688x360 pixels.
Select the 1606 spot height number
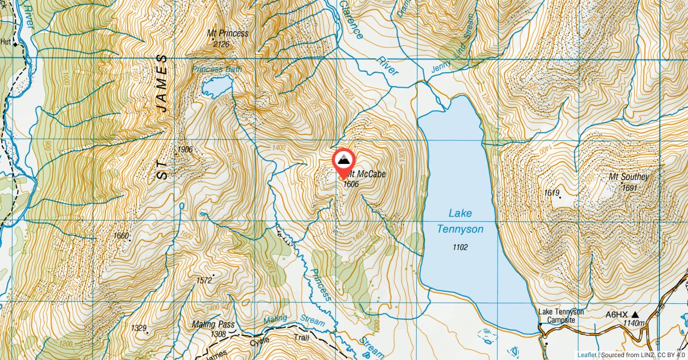coord(350,184)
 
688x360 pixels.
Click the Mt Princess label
coord(228,33)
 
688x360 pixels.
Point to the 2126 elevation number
coord(221,44)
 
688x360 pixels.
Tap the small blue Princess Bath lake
coord(216,87)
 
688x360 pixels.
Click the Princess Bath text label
coord(217,69)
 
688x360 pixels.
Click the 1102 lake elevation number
coord(460,248)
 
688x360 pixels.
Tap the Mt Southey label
coord(628,177)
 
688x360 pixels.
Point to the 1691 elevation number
coord(629,187)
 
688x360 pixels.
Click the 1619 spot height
coord(552,193)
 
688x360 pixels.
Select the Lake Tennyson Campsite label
coord(561,316)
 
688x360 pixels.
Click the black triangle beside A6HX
coord(635,315)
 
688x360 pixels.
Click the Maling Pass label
coord(213,324)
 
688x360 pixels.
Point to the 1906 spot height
coord(185,150)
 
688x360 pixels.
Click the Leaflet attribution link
coord(587,355)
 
